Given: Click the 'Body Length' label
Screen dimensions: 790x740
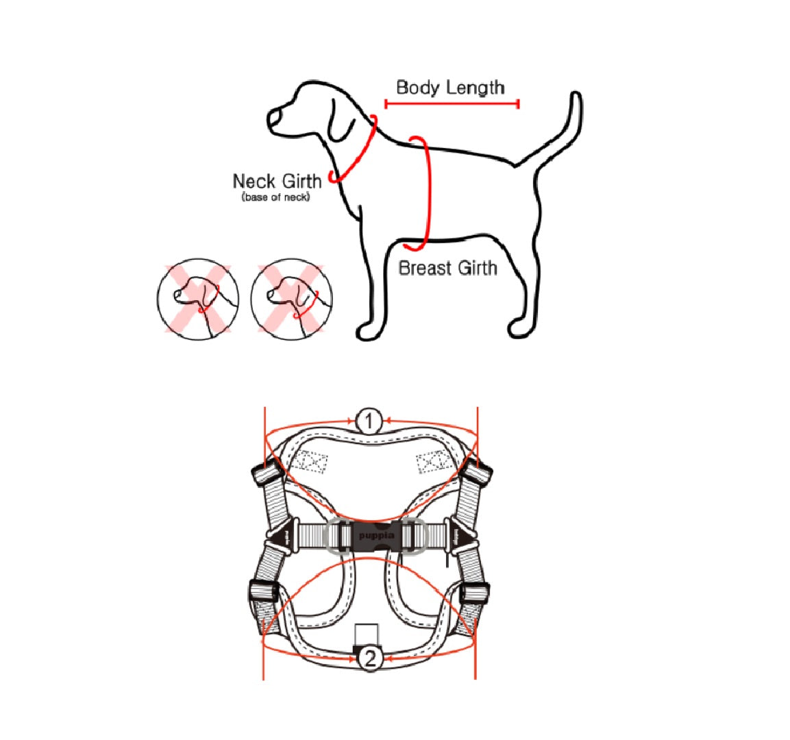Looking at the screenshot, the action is click(x=450, y=88).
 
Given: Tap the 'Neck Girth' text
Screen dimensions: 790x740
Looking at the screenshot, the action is click(x=277, y=181).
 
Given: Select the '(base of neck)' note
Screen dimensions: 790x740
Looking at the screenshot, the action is click(x=275, y=197).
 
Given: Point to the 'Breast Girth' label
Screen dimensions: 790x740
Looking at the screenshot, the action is click(x=447, y=267).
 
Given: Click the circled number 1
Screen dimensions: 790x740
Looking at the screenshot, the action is click(x=369, y=421).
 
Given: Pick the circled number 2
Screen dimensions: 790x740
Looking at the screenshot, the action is click(x=370, y=658).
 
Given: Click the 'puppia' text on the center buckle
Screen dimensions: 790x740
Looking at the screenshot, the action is click(x=376, y=535).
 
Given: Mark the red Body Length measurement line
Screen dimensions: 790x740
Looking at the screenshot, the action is click(x=452, y=103).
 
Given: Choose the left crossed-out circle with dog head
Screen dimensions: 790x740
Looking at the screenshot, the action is click(x=198, y=299).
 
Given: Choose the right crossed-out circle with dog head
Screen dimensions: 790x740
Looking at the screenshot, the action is click(x=292, y=299).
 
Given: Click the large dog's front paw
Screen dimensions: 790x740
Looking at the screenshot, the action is click(x=369, y=332).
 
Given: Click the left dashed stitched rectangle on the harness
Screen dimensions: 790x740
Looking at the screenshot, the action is click(x=311, y=462).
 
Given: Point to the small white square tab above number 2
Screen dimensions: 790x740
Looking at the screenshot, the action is click(x=367, y=634).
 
